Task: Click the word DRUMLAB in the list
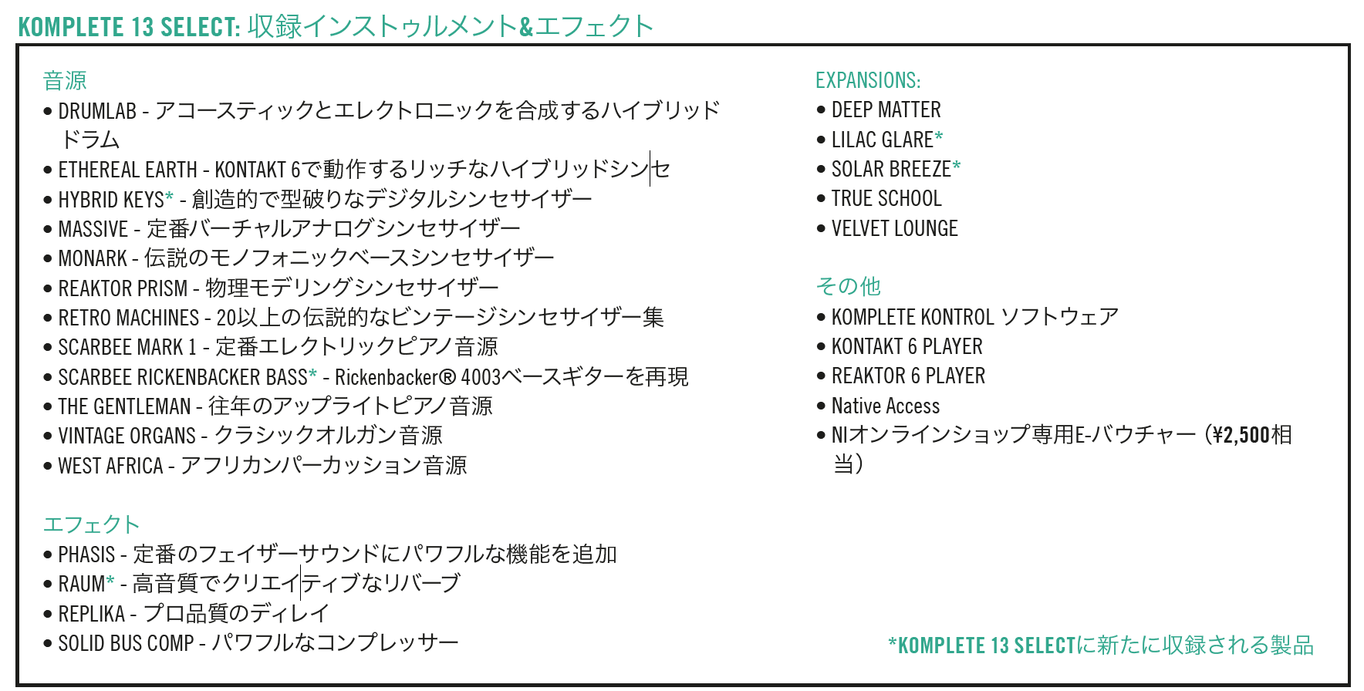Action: point(97,111)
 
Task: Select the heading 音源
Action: point(65,80)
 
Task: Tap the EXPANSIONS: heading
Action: point(868,80)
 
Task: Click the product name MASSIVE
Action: point(93,229)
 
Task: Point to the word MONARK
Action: point(93,258)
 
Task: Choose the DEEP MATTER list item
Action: point(886,110)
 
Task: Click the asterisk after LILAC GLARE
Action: point(939,137)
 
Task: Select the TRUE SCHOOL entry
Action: point(886,198)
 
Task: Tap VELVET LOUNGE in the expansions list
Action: point(894,228)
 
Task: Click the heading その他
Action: point(848,286)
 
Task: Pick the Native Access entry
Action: point(886,406)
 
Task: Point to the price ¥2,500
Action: point(1241,435)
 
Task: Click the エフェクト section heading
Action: point(91,524)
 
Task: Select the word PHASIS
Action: point(86,554)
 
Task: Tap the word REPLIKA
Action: point(91,614)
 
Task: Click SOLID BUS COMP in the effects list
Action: point(126,643)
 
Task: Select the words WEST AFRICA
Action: point(110,466)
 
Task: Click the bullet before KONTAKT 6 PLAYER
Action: point(821,347)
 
